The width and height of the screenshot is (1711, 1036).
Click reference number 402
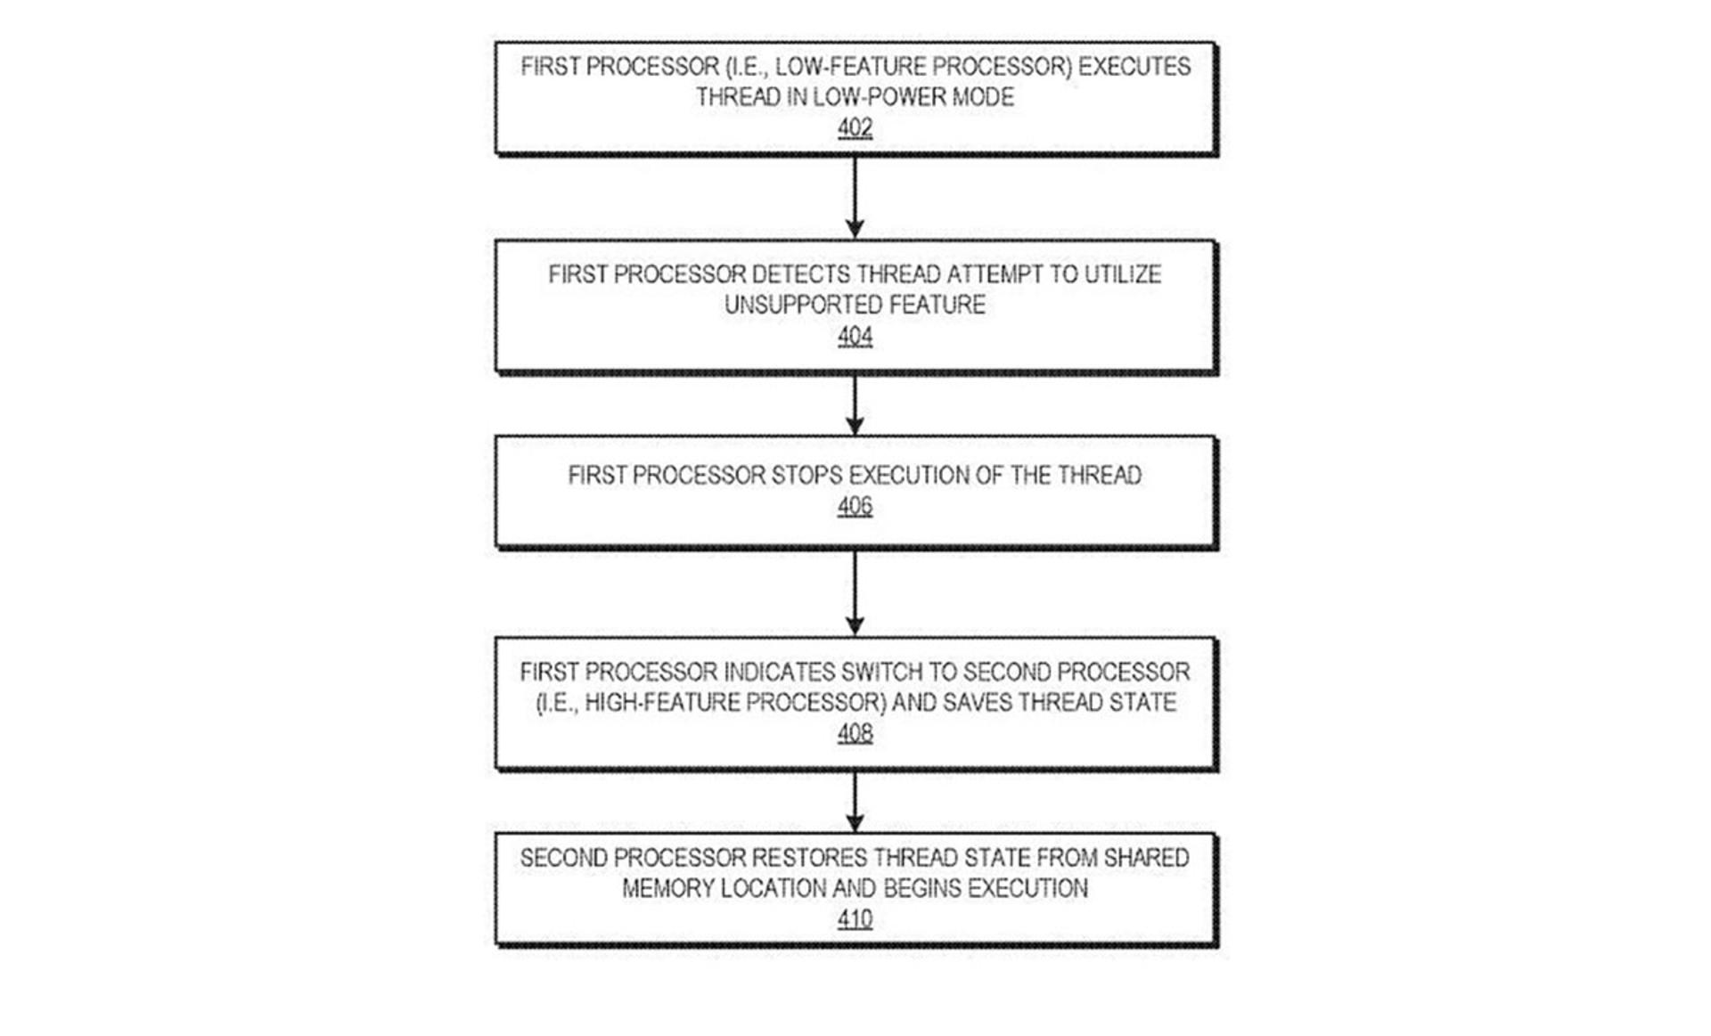click(855, 128)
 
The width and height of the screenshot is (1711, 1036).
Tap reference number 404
click(855, 337)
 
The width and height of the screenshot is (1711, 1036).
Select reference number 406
click(855, 507)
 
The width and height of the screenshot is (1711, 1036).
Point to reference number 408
click(855, 733)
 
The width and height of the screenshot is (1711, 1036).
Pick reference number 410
click(855, 918)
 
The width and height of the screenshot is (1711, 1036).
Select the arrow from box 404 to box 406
click(855, 405)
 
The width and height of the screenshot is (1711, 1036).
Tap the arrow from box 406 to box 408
click(855, 592)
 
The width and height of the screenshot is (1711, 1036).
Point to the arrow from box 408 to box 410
click(855, 802)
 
